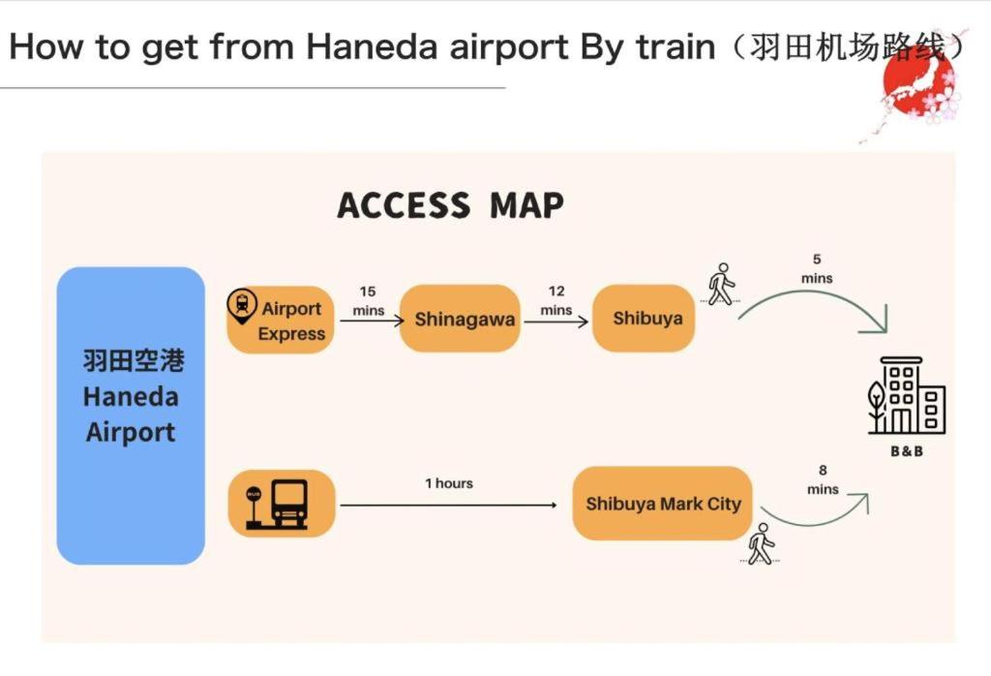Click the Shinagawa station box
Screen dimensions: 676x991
(x=465, y=319)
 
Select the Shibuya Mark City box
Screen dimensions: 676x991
(x=663, y=504)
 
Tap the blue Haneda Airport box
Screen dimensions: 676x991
(x=131, y=415)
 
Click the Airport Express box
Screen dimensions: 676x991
(x=282, y=320)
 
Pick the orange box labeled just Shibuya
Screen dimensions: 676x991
(x=647, y=319)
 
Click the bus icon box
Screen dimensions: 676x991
(x=282, y=504)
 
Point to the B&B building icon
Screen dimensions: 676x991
(x=907, y=397)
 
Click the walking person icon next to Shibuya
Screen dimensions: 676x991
(x=720, y=283)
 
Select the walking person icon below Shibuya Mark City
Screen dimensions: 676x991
(x=762, y=544)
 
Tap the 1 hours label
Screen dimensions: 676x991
(x=449, y=483)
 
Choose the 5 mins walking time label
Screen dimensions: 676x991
(x=817, y=268)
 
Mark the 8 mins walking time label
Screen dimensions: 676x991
(x=822, y=480)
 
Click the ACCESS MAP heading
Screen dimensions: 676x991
(x=451, y=205)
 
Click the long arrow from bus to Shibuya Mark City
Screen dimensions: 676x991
(x=448, y=505)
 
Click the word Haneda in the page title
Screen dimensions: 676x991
(x=369, y=47)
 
